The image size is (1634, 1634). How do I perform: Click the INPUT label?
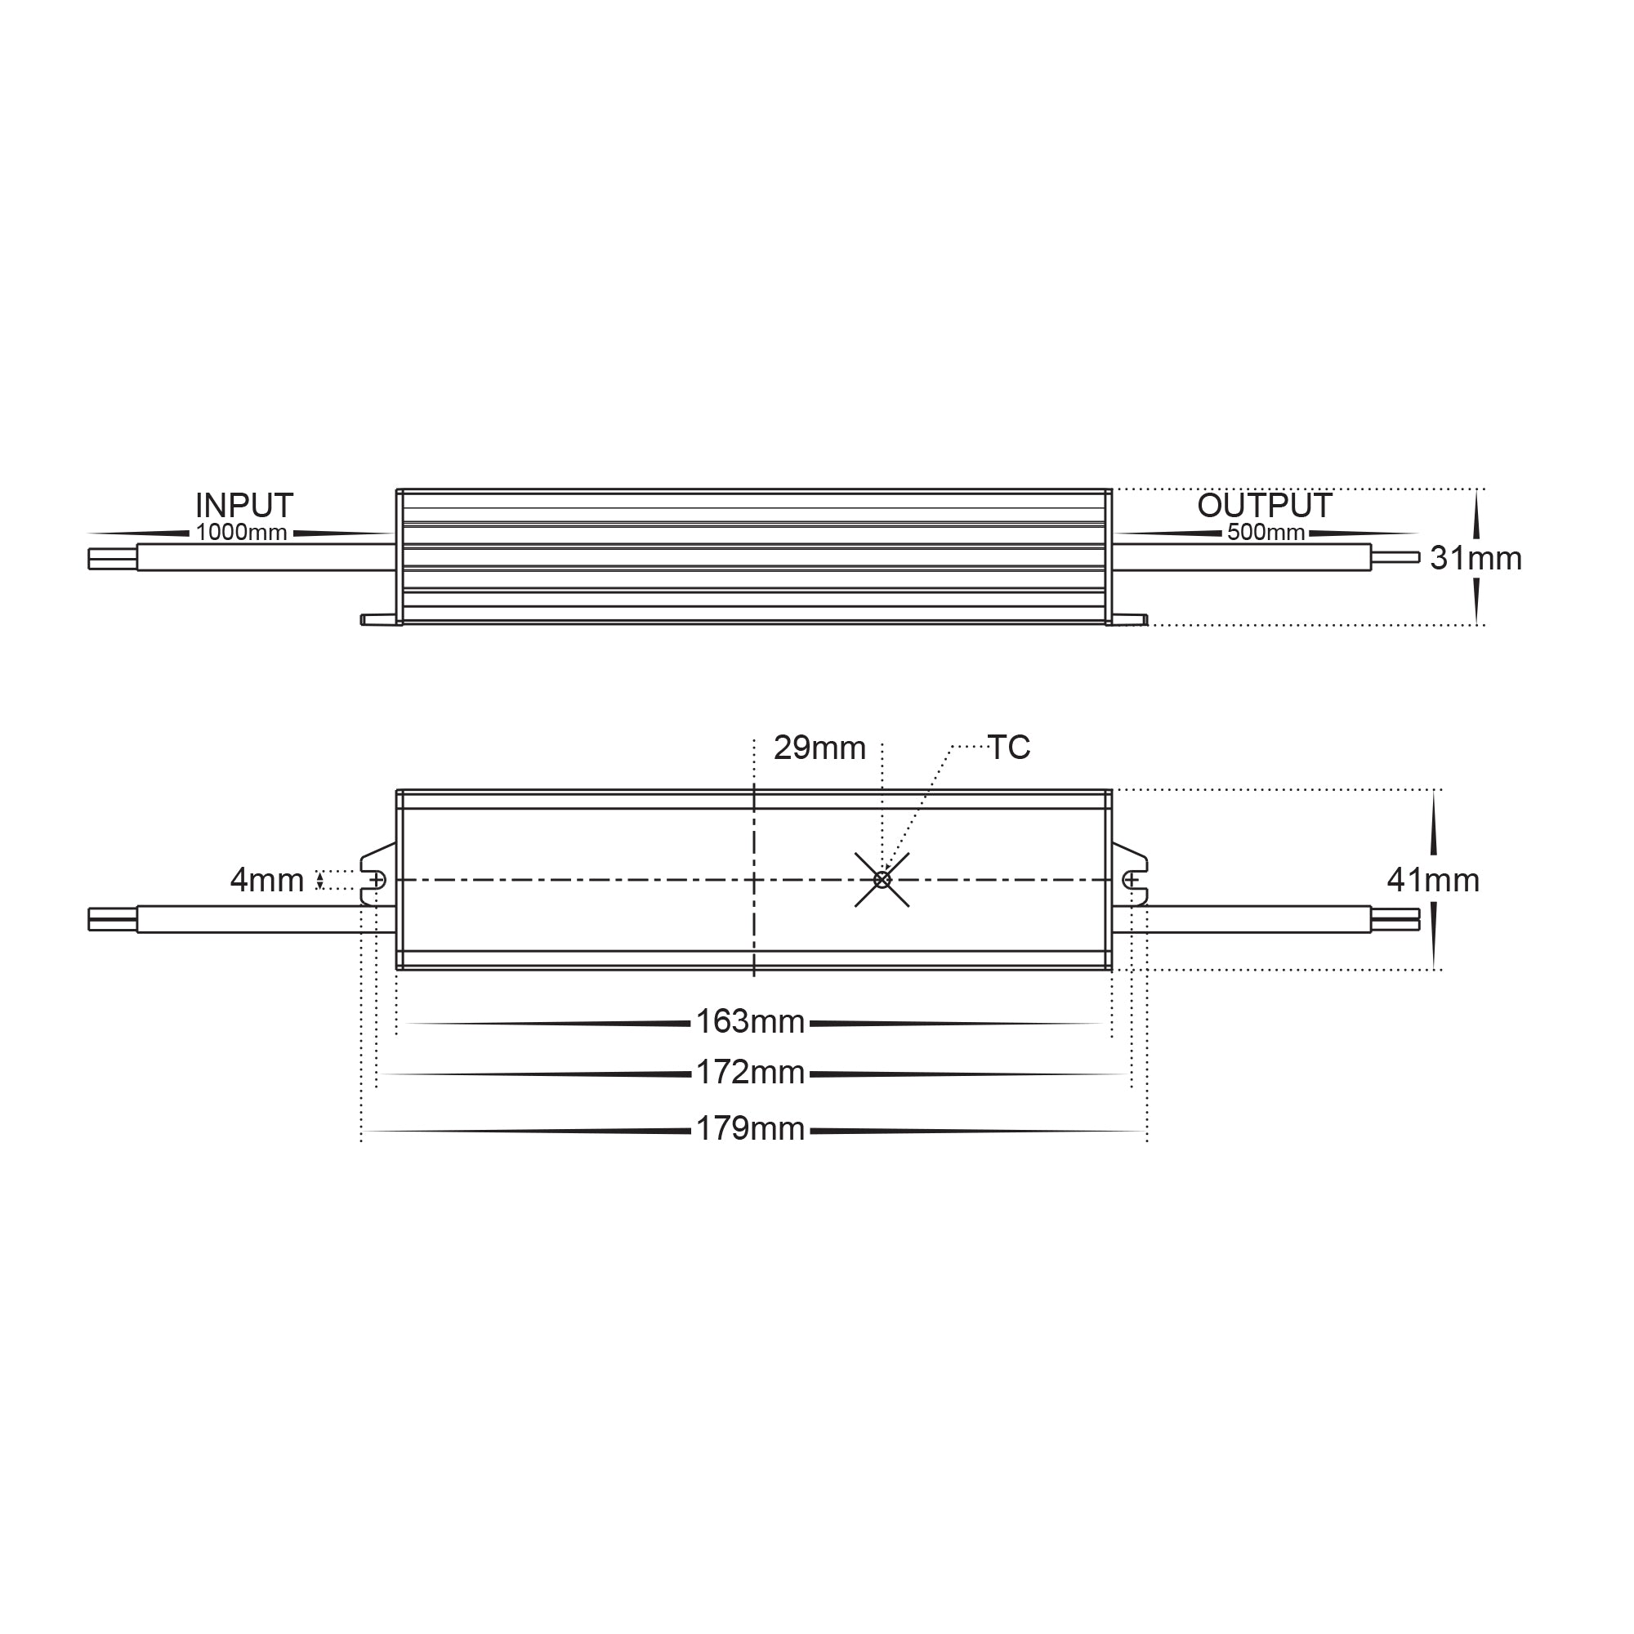coord(243,506)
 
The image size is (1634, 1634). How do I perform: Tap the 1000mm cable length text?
coord(241,533)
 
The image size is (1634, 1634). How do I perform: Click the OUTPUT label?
coord(1265,506)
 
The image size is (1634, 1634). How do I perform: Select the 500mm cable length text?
coord(1266,533)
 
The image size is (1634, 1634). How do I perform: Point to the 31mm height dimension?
coord(1475,558)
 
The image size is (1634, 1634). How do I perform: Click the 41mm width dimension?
coord(1433,881)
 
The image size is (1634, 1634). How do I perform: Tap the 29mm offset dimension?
coord(819,748)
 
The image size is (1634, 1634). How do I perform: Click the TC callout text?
coord(1008,748)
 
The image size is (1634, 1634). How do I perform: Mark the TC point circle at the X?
coord(882,881)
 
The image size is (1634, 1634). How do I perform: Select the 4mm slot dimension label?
coord(266,881)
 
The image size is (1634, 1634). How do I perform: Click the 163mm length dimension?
coord(749,1022)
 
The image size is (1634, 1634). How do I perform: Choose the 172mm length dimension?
coord(749,1073)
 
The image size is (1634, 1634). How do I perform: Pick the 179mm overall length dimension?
coord(749,1129)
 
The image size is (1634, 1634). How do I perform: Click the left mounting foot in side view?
coord(378,620)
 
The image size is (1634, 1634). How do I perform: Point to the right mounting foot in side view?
coord(1128,620)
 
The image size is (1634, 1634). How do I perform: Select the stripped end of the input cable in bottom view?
coord(113,919)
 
